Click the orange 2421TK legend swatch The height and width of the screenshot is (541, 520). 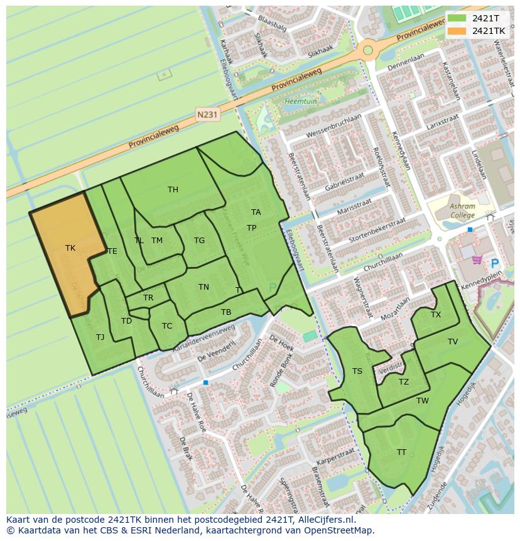click(457, 31)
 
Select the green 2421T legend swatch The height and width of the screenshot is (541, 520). click(457, 19)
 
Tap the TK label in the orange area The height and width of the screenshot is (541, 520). click(70, 248)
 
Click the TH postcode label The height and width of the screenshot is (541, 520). click(173, 190)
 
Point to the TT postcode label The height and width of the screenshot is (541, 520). click(401, 452)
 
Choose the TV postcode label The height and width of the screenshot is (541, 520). click(453, 342)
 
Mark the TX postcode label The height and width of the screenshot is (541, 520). click(436, 315)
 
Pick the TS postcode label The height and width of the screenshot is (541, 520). click(357, 371)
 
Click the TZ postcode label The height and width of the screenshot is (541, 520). click(404, 382)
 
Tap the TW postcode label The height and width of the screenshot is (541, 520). click(423, 401)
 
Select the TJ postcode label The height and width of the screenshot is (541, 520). click(100, 337)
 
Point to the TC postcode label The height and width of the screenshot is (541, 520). click(167, 326)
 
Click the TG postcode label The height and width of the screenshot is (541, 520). click(199, 241)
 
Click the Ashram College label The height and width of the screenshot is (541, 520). click(462, 210)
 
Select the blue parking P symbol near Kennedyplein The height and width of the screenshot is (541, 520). click(494, 265)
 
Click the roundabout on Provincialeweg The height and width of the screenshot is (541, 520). click(368, 50)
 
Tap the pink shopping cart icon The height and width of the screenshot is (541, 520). click(477, 258)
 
